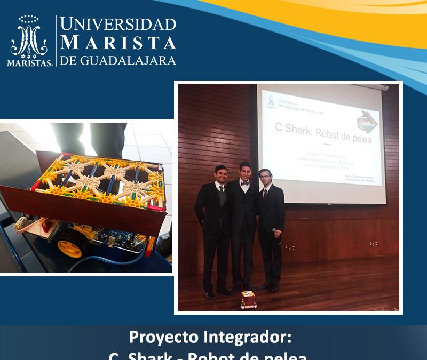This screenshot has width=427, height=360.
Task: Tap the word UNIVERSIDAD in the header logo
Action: point(117,24)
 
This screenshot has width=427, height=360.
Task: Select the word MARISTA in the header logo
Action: point(117,42)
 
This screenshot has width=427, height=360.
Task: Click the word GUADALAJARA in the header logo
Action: point(128,60)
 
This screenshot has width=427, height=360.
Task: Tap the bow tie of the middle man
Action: point(245,182)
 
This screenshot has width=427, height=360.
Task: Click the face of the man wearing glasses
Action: point(265,177)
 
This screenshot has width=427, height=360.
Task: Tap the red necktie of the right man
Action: point(264,193)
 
